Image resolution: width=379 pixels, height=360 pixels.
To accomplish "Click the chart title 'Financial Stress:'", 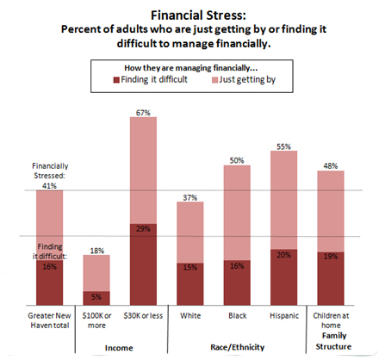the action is [x=198, y=16].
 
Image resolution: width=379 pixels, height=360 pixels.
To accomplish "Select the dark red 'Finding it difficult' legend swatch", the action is [x=116, y=80].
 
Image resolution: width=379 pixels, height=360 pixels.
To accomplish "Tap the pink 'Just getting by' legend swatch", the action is [x=214, y=80].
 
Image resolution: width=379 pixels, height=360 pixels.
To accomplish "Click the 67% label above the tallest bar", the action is [x=143, y=113].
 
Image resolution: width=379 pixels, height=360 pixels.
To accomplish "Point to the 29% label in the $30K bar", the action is [x=143, y=229].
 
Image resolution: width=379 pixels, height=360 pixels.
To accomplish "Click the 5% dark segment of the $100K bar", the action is [x=96, y=298].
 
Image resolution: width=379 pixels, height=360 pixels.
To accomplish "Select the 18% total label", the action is [x=96, y=251].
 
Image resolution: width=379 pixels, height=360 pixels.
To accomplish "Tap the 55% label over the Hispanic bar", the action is [x=283, y=146].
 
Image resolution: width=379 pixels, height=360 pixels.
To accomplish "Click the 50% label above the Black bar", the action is [x=237, y=160].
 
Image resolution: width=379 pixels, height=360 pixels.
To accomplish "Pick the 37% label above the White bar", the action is [x=190, y=197].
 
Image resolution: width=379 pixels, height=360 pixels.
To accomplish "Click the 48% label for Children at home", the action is [x=331, y=166].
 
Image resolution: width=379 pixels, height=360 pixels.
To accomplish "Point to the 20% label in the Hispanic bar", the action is [x=283, y=255].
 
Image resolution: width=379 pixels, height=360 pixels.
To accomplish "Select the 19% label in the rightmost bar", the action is [x=331, y=257].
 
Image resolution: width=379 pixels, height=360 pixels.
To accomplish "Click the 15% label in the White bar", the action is [x=190, y=268].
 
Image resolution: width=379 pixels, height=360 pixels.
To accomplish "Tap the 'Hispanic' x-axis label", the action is [x=284, y=316].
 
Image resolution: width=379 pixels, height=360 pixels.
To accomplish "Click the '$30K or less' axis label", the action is [x=143, y=316].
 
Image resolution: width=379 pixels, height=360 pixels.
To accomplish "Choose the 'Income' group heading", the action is [x=119, y=348].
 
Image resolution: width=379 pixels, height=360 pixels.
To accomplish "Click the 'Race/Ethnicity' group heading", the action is [x=238, y=347].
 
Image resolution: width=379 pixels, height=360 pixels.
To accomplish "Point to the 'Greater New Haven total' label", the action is [x=49, y=320].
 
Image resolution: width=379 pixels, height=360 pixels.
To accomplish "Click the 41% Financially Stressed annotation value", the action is [x=49, y=186].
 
